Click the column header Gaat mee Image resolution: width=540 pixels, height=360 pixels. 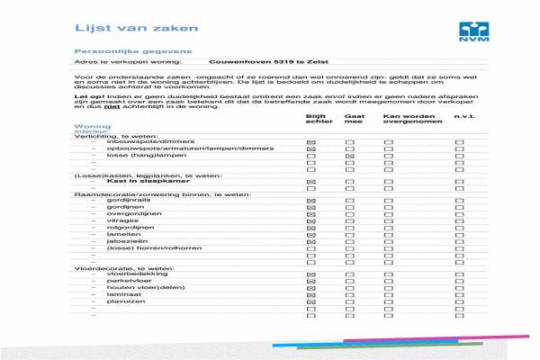(355, 120)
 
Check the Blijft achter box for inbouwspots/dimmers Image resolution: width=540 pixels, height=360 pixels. (311, 142)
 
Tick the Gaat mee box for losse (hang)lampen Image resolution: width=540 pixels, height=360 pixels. (350, 156)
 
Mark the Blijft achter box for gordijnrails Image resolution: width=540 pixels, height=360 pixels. (311, 201)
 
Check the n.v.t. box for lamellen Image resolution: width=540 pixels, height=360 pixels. (459, 234)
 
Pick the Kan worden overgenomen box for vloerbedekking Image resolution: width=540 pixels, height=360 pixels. (389, 274)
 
